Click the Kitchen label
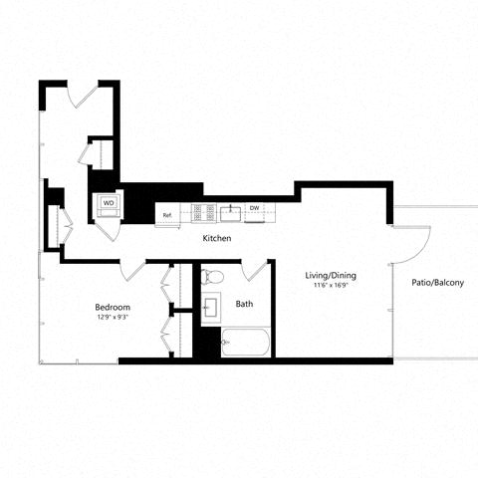[217, 239]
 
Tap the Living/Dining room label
[330, 275]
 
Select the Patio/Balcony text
[437, 284]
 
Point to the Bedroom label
[111, 307]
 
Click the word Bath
[244, 304]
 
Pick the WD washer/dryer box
[109, 202]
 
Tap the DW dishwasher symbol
[254, 208]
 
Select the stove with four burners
[204, 210]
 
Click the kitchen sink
[231, 210]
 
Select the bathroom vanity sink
[210, 309]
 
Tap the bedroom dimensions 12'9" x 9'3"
[111, 319]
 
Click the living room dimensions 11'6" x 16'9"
[330, 287]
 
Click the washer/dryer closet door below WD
[110, 224]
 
